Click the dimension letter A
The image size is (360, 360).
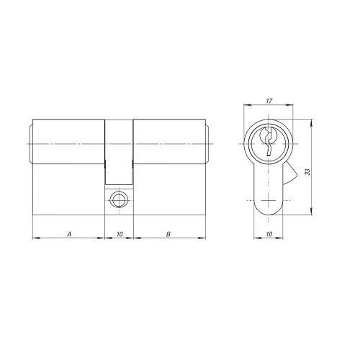pos(69,234)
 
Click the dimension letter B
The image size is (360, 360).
pos(168,234)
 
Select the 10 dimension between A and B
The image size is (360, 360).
pos(120,234)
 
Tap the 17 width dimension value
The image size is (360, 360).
pos(269,101)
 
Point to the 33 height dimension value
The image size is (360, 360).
pos(307,172)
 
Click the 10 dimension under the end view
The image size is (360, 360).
pos(269,234)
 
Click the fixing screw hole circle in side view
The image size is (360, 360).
pos(118,199)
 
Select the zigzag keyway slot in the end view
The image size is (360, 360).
pos(268,142)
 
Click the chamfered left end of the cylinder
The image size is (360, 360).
pos(31,144)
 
